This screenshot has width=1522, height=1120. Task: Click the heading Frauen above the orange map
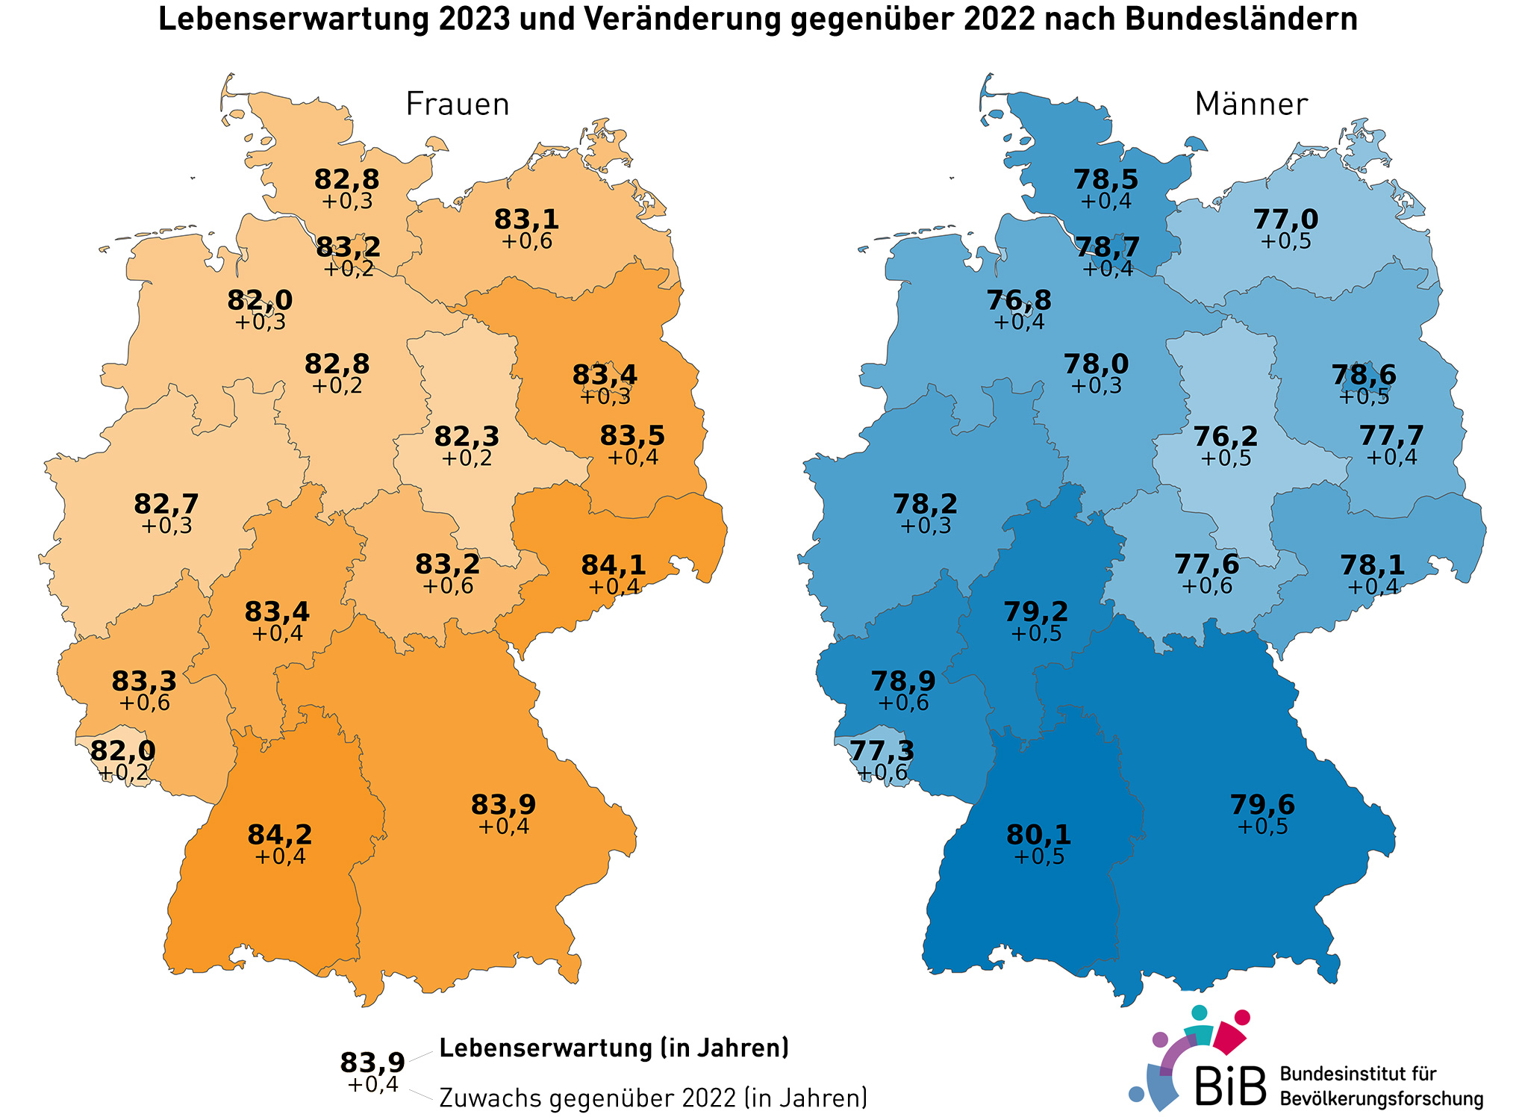point(458,105)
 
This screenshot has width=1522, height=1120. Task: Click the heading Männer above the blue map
point(1251,105)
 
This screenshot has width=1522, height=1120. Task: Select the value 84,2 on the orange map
point(280,835)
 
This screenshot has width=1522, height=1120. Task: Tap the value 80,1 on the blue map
point(1038,835)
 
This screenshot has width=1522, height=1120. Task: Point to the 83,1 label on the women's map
point(526,220)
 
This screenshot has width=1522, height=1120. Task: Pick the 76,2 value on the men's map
point(1225,436)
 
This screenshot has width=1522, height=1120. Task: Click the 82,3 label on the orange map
point(467,436)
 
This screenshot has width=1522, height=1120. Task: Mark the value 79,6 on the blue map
point(1262,805)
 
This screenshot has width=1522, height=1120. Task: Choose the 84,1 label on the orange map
point(614,566)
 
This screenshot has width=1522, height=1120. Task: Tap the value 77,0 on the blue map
point(1285,220)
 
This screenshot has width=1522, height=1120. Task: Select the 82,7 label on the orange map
point(166,504)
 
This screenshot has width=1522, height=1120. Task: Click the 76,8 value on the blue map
point(1019,300)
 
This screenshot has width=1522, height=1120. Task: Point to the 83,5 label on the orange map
point(632,435)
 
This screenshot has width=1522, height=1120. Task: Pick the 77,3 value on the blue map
point(882,750)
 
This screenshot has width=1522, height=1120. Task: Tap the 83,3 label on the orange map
point(144,681)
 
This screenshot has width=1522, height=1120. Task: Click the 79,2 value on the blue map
point(1036,612)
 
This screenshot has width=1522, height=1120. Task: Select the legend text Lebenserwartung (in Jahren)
point(614,1048)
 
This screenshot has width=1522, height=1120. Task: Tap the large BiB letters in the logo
point(1231,1086)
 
